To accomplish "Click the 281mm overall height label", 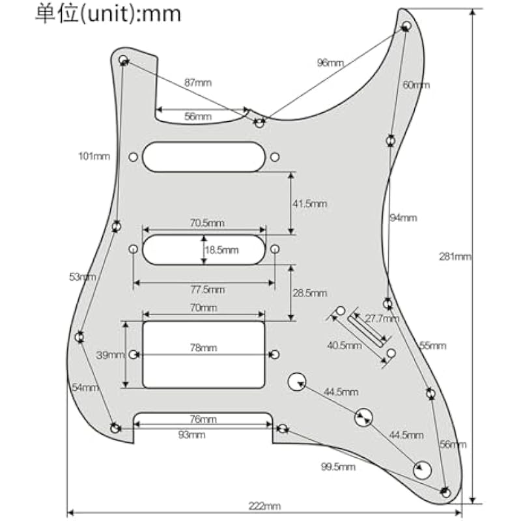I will coord(455,257).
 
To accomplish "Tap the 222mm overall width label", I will coord(265,506).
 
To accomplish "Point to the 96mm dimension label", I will coord(330,63).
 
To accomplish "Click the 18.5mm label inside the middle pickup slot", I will coord(222,249).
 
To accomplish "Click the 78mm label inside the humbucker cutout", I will coord(203,348).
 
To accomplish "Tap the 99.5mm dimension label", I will coord(338,467).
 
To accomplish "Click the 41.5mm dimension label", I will coord(309,204).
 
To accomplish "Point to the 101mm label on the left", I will coord(94,156).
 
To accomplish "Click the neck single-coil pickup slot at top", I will coord(203,157).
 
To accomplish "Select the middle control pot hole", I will coord(364,417).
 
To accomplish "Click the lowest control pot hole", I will coord(423,469).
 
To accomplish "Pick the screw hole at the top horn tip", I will coord(406,27).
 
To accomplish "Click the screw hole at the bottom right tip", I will coord(445,491).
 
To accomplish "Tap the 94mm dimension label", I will coord(403,218).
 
